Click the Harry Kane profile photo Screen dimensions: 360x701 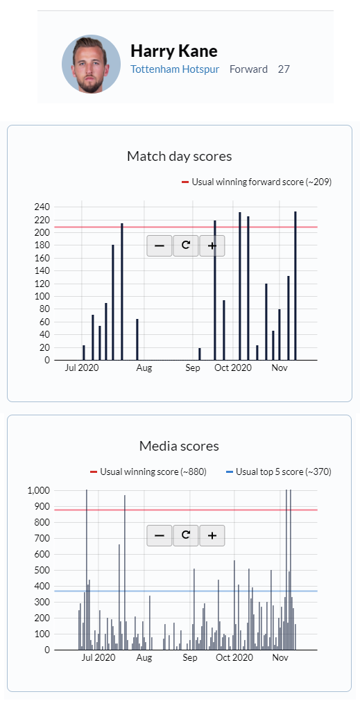pyautogui.click(x=92, y=64)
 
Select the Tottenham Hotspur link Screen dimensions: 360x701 pyautogui.click(x=175, y=69)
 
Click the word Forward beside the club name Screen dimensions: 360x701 pyautogui.click(x=248, y=69)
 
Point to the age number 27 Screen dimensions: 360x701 pyautogui.click(x=284, y=69)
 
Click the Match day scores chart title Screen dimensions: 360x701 pyautogui.click(x=180, y=156)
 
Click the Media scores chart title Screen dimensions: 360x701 pyautogui.click(x=180, y=446)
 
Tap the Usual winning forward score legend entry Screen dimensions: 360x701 pyautogui.click(x=257, y=182)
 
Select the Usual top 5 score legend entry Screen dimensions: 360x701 pyautogui.click(x=279, y=471)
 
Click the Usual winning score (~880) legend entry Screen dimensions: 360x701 pyautogui.click(x=148, y=471)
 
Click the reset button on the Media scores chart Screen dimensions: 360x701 pyautogui.click(x=186, y=535)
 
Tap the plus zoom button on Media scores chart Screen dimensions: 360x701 pyautogui.click(x=212, y=535)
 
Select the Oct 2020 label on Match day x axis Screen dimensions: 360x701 pyautogui.click(x=233, y=368)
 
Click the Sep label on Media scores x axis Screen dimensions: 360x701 pyautogui.click(x=189, y=657)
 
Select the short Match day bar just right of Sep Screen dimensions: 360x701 pyautogui.click(x=200, y=354)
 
